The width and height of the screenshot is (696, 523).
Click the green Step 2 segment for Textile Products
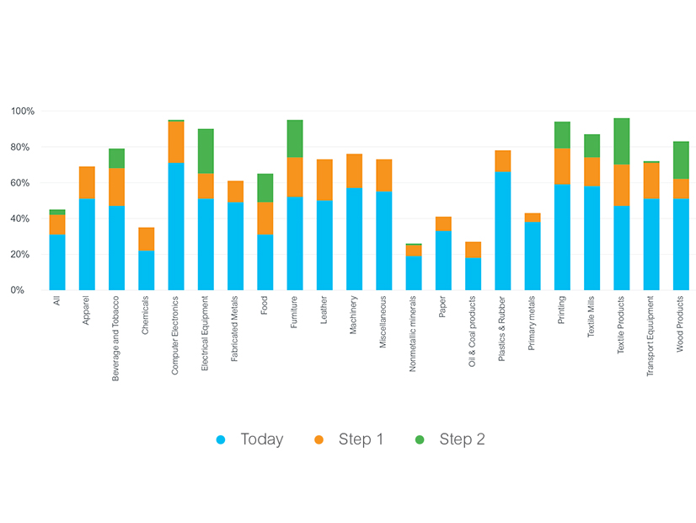click(x=621, y=141)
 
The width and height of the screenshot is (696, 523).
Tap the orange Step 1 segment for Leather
click(x=324, y=180)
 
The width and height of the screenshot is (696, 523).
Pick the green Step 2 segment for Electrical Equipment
click(x=206, y=151)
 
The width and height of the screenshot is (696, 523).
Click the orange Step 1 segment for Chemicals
click(x=147, y=239)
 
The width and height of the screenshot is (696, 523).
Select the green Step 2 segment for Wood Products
click(x=681, y=160)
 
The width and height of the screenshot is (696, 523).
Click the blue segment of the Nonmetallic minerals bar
click(x=413, y=272)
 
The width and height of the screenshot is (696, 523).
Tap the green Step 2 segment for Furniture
click(x=294, y=138)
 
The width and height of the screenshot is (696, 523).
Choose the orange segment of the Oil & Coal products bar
click(x=473, y=250)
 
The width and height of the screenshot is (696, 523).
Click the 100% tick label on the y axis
click(x=23, y=111)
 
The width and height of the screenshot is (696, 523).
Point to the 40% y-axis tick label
click(x=24, y=218)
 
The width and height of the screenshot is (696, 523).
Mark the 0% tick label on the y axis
click(x=27, y=290)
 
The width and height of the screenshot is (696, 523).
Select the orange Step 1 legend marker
click(x=319, y=439)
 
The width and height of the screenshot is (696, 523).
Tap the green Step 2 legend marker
click(x=420, y=439)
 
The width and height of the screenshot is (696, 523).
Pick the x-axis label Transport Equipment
click(x=650, y=336)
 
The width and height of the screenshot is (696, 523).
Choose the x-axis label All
click(x=57, y=300)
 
